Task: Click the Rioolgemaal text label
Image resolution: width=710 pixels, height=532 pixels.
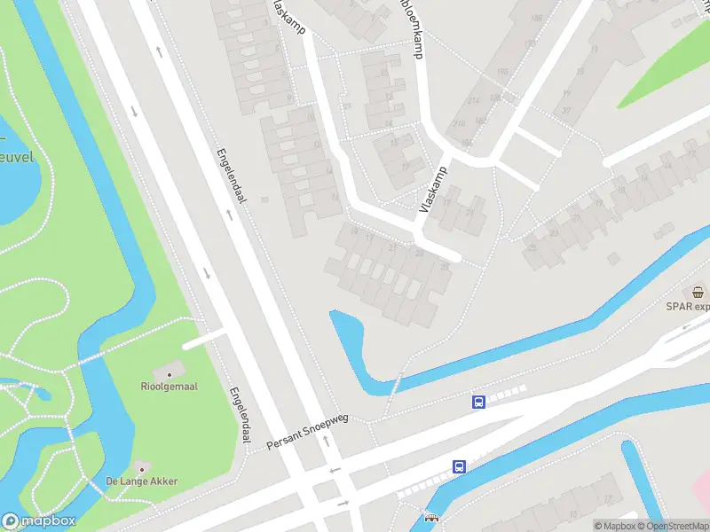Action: [x=169, y=386]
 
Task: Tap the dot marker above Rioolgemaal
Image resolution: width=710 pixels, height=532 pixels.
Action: [x=169, y=374]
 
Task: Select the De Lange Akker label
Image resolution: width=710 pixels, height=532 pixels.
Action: [x=142, y=481]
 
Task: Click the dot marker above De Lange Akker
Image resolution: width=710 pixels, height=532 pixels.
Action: [x=140, y=468]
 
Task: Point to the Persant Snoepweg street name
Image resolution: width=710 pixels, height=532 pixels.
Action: [x=308, y=433]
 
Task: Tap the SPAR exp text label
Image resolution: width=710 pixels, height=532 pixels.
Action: [x=689, y=307]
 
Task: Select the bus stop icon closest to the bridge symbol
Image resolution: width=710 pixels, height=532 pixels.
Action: [x=460, y=466]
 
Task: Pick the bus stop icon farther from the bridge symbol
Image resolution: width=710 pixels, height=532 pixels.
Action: [x=478, y=402]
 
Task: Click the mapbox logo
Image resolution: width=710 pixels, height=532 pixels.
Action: [x=38, y=521]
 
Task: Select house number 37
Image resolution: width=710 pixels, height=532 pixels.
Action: [x=566, y=112]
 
